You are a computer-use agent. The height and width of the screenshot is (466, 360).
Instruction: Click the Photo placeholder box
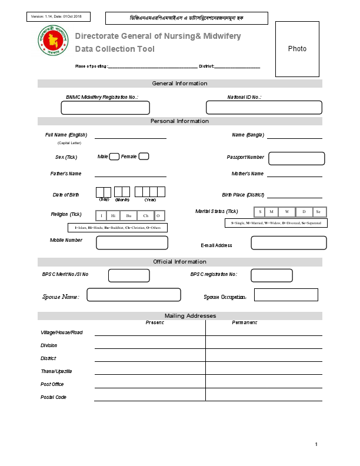(x=297, y=49)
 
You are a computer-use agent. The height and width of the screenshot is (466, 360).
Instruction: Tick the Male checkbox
(x=115, y=157)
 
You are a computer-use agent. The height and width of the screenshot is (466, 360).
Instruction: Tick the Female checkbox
(x=144, y=157)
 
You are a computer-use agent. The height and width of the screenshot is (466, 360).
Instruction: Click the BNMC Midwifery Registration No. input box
(x=105, y=108)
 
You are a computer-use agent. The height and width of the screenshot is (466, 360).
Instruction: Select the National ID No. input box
(x=264, y=108)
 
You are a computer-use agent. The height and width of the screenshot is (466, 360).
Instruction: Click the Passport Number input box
(x=296, y=158)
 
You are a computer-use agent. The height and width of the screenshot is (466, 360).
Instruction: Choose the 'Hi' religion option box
(x=114, y=216)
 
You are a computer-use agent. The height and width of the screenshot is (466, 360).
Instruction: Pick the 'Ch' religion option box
(x=146, y=216)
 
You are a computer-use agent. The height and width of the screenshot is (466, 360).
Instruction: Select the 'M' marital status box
(x=271, y=212)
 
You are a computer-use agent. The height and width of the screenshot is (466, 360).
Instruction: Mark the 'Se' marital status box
(x=318, y=212)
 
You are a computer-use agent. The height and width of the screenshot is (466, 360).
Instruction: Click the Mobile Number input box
(x=132, y=242)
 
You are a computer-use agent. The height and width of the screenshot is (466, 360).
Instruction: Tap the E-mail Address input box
(x=288, y=243)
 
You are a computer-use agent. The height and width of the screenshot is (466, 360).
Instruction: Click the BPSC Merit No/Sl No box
(x=128, y=275)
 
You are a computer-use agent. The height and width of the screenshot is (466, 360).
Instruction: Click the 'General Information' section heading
(x=179, y=84)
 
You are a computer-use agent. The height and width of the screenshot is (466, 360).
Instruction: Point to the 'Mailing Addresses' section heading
(x=190, y=316)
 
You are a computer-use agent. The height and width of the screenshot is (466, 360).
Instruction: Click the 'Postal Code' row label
(x=54, y=397)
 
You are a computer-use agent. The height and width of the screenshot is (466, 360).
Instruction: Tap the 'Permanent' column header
(x=244, y=322)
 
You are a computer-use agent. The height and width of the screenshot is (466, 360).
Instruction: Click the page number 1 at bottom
(x=316, y=444)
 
